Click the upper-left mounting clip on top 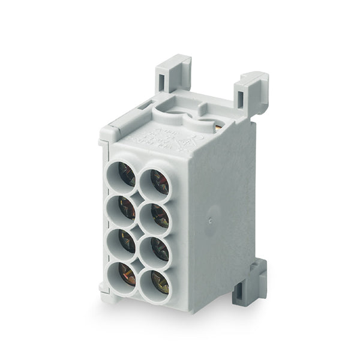point(172,72)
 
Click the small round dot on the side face point(210,220)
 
